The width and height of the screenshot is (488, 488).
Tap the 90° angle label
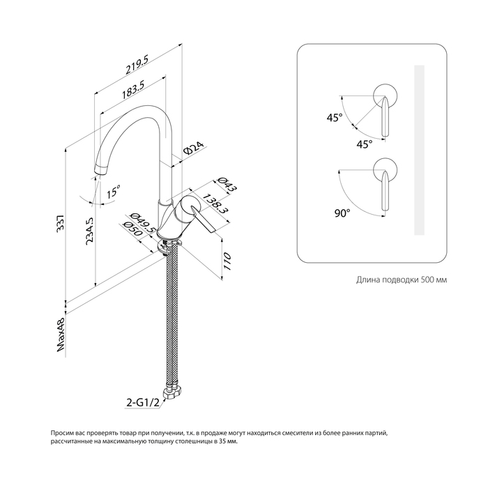(x=341, y=214)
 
